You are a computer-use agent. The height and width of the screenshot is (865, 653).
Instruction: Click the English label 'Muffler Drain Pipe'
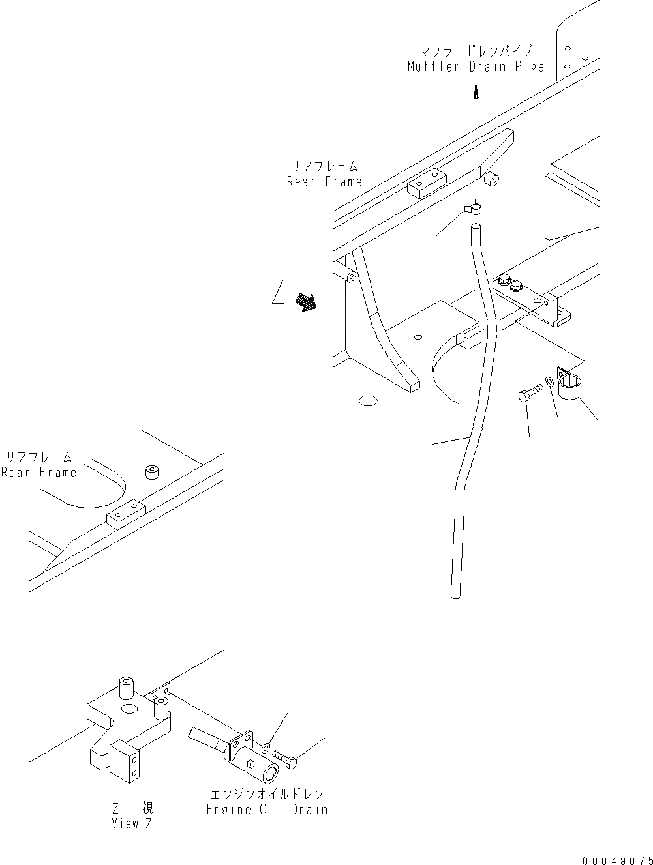click(x=475, y=66)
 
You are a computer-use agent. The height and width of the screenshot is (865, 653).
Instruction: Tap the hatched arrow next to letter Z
click(x=305, y=302)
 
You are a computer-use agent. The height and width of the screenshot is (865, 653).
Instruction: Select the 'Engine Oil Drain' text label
click(x=267, y=809)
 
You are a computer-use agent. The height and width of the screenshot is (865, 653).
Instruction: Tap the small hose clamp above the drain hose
click(x=474, y=209)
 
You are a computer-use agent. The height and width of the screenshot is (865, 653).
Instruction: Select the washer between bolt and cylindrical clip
click(x=551, y=381)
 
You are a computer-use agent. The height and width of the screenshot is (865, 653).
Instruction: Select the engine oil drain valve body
click(x=243, y=755)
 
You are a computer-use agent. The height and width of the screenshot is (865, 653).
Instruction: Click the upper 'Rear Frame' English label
click(x=324, y=181)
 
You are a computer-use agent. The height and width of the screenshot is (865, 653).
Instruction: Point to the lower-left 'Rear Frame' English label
click(x=38, y=472)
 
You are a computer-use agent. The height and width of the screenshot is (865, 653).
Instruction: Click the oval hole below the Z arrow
click(x=367, y=399)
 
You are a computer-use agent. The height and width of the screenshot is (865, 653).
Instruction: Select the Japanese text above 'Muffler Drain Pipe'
click(x=475, y=50)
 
